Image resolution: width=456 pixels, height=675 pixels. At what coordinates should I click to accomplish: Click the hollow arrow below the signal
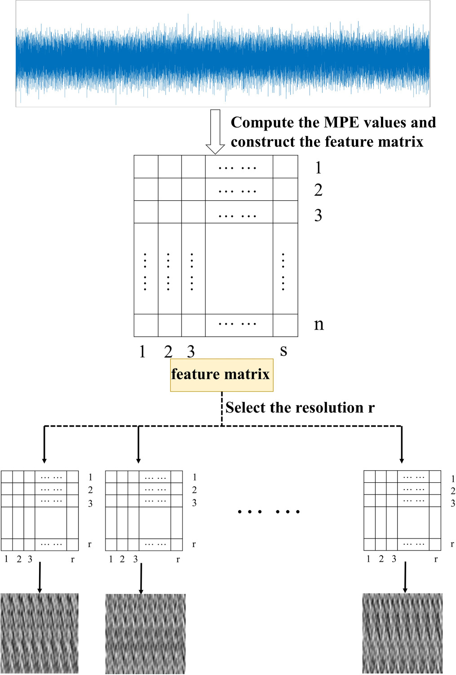[x=215, y=132]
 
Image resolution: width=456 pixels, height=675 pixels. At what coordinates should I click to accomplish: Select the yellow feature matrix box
[x=221, y=375]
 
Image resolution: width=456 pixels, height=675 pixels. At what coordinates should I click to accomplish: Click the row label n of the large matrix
[x=319, y=324]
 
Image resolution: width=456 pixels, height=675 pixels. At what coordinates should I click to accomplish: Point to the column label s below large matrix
[x=283, y=350]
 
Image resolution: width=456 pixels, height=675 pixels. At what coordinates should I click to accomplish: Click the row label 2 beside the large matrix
[x=318, y=190]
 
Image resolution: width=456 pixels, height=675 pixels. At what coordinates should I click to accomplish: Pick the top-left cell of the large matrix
[x=146, y=167]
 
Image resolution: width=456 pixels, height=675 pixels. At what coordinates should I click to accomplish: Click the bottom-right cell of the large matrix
[x=285, y=325]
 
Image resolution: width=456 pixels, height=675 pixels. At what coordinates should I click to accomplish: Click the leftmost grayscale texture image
[x=40, y=633]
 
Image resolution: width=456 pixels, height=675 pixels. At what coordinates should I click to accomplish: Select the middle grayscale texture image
[x=145, y=634]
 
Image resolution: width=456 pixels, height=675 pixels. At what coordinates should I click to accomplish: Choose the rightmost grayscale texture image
[x=403, y=633]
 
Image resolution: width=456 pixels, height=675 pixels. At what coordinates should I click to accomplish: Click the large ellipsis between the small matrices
[x=268, y=512]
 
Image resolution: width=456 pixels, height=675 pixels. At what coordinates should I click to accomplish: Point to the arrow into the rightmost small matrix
[x=402, y=445]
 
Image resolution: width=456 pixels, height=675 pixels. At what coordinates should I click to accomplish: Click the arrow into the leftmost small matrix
[x=44, y=445]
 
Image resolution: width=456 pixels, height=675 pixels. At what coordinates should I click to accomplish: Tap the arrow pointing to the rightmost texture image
[x=405, y=577]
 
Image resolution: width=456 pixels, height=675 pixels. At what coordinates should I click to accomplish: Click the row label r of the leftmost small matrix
[x=89, y=544]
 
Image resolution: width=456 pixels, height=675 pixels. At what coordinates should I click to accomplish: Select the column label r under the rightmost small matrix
[x=436, y=560]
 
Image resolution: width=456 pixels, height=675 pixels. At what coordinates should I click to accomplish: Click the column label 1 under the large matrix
[x=142, y=352]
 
